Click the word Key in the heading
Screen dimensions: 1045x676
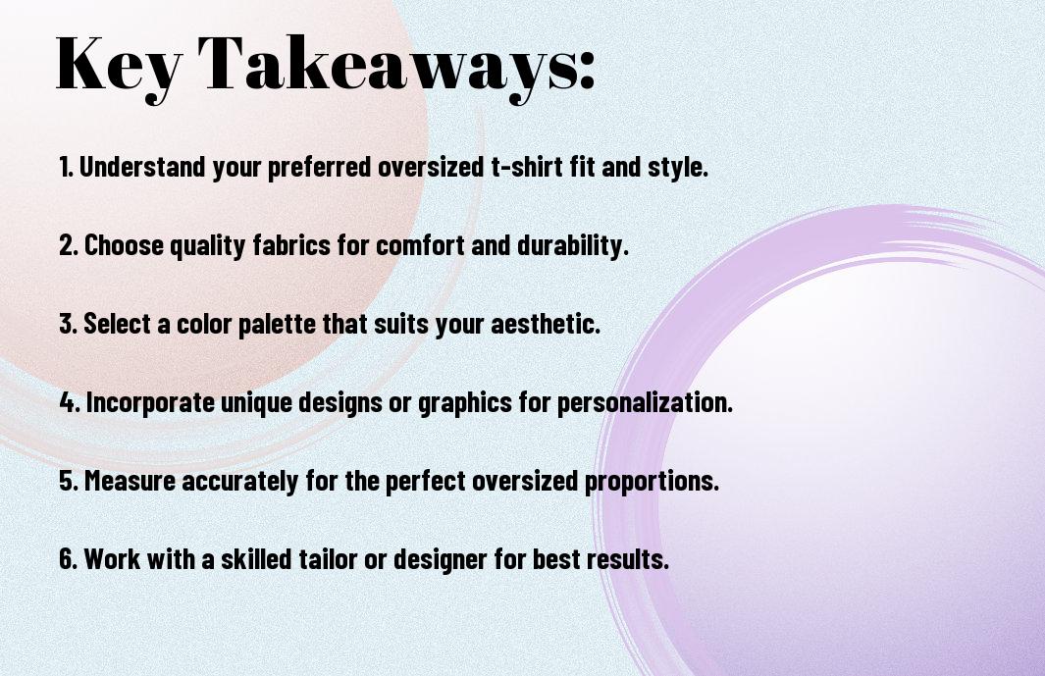tap(119, 66)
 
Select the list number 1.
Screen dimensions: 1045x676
tap(65, 167)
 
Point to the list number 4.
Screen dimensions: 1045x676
tap(70, 402)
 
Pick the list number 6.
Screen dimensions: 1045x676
tap(69, 558)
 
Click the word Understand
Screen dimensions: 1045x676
tap(142, 167)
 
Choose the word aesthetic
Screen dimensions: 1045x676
tap(546, 324)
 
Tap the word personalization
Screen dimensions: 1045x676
tap(645, 402)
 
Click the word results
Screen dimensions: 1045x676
tap(628, 558)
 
